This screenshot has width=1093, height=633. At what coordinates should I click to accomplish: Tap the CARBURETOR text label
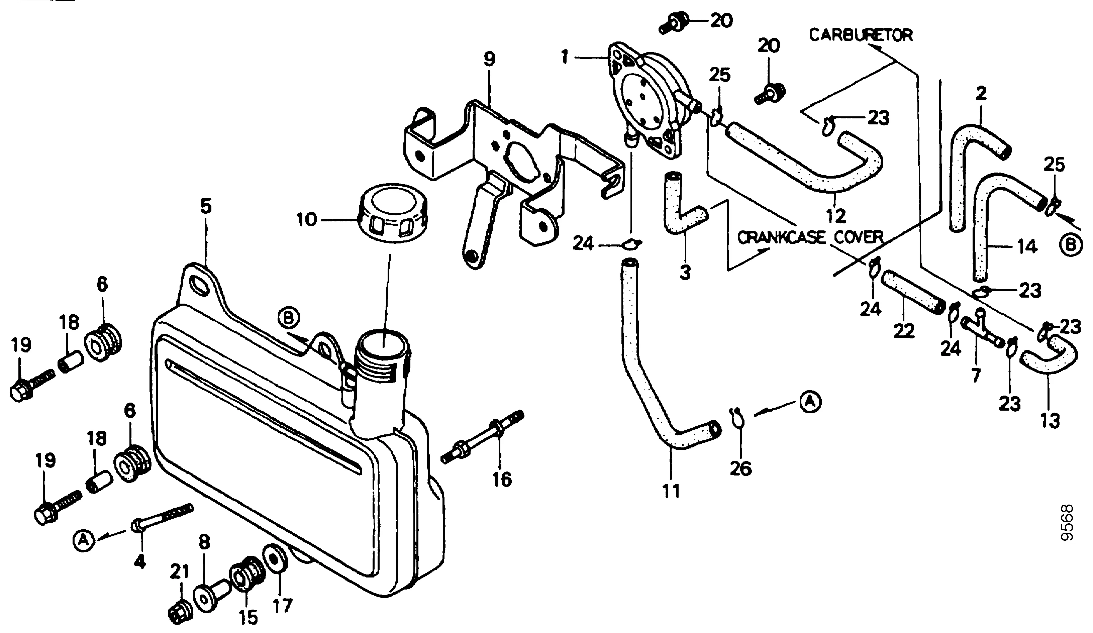pos(861,35)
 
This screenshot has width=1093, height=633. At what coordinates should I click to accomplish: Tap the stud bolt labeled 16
pos(482,437)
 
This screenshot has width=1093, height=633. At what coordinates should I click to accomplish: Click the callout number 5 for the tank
pos(206,206)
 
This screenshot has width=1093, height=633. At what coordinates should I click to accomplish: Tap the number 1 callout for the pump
pos(565,57)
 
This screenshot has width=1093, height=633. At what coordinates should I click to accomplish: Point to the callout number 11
pos(671,491)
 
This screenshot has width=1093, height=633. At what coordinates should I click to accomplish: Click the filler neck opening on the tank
pos(383,345)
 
